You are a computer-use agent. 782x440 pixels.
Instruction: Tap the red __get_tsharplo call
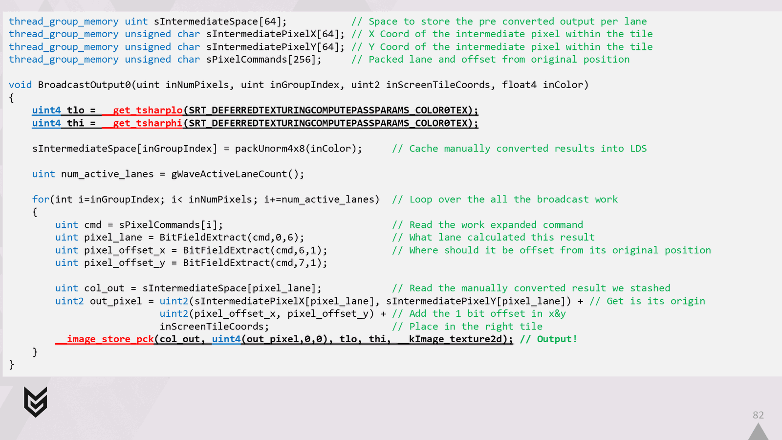[142, 110]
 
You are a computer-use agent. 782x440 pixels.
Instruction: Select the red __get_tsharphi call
[142, 123]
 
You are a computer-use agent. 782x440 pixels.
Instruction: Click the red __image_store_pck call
[105, 339]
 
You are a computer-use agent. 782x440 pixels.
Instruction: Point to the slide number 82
[758, 415]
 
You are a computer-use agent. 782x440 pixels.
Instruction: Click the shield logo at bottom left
[36, 401]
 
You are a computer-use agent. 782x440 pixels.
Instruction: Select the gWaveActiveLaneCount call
[235, 174]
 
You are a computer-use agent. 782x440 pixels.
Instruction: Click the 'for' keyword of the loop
[41, 199]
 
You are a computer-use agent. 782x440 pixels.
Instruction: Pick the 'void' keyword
[20, 85]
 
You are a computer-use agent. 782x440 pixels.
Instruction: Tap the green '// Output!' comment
[548, 339]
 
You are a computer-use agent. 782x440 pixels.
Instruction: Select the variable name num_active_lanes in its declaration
[107, 174]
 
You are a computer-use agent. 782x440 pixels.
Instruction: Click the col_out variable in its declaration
[105, 288]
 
